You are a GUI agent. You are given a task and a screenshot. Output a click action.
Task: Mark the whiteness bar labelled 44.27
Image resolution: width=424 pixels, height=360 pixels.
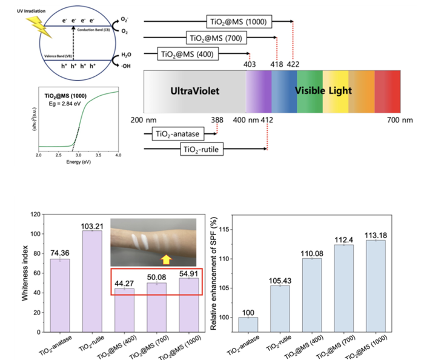click(125, 306)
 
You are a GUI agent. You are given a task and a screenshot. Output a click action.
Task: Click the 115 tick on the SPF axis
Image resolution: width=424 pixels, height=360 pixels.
click(226, 230)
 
